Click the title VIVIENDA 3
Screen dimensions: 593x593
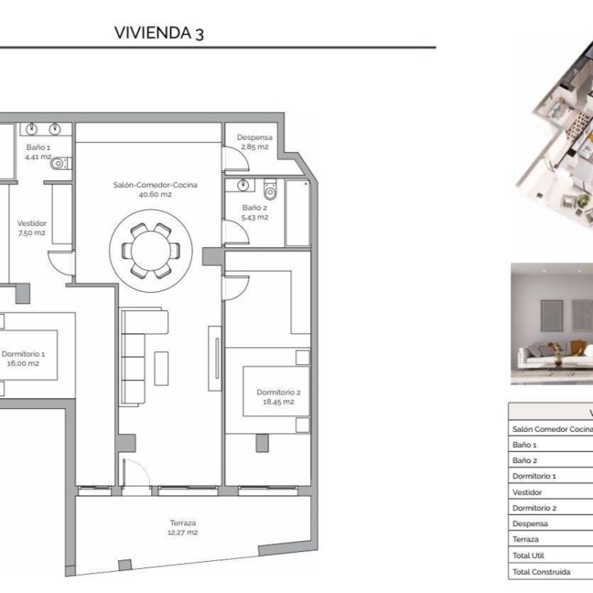pyautogui.click(x=159, y=33)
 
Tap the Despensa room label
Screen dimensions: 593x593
pyautogui.click(x=255, y=138)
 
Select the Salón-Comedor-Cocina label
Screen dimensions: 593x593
pyautogui.click(x=155, y=185)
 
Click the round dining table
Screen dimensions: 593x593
pyautogui.click(x=151, y=251)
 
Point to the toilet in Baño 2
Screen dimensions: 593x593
pyautogui.click(x=270, y=189)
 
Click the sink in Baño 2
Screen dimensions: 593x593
pyautogui.click(x=243, y=185)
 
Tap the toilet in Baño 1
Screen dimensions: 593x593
pyautogui.click(x=61, y=163)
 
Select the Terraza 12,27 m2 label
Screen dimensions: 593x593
pyautogui.click(x=182, y=528)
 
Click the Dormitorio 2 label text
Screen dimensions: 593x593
pyautogui.click(x=278, y=392)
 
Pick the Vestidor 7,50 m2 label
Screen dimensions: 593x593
pyautogui.click(x=32, y=227)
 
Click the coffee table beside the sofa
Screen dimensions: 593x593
pyautogui.click(x=161, y=369)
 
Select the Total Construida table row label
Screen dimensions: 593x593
pyautogui.click(x=541, y=572)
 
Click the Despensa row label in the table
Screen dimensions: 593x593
pyautogui.click(x=530, y=524)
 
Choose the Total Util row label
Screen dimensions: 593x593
pyautogui.click(x=528, y=556)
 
